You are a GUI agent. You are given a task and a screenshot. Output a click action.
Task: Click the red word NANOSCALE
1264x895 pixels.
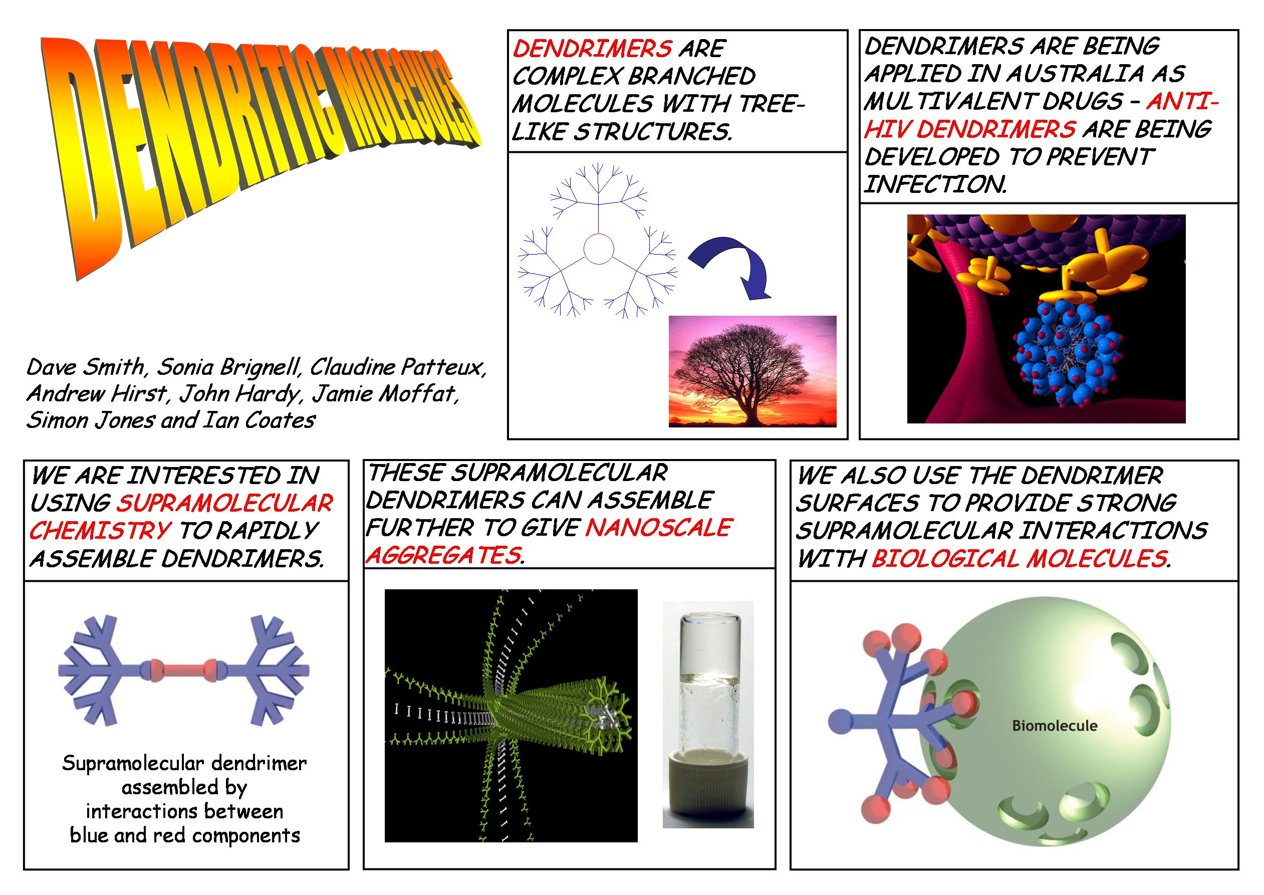click(x=658, y=528)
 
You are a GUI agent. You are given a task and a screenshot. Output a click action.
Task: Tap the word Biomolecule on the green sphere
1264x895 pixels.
click(x=1054, y=725)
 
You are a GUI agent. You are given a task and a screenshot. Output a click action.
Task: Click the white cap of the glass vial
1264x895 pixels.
click(x=708, y=789)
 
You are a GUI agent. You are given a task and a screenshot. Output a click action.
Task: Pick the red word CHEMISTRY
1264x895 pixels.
click(x=100, y=530)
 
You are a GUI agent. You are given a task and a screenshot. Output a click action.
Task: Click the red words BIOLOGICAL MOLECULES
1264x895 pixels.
click(x=1019, y=559)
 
